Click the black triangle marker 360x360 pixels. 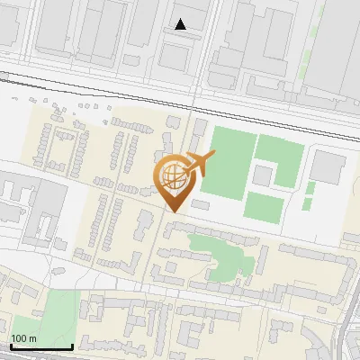click(181, 24)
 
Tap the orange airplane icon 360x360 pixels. click(200, 163)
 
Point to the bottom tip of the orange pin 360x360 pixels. click(174, 211)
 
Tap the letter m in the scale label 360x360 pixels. click(33, 338)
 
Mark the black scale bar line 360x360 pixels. click(40, 346)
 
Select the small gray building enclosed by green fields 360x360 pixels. click(263, 174)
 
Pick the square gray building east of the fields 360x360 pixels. click(328, 166)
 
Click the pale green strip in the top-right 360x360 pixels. click(314, 54)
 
